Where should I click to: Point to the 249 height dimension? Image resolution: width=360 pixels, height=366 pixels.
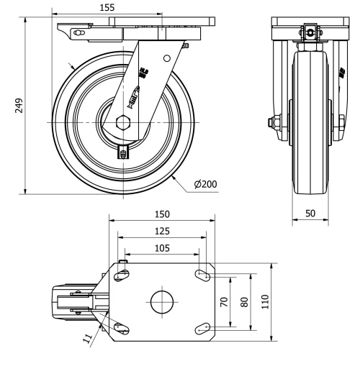tap(20, 106)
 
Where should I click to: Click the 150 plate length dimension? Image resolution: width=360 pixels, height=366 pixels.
tap(163, 215)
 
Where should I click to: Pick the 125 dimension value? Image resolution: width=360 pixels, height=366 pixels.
tap(162, 231)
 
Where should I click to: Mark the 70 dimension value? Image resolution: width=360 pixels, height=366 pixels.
tap(225, 301)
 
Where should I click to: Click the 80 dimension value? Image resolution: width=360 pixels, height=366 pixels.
tap(244, 301)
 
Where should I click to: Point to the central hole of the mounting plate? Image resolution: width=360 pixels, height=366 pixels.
tap(163, 301)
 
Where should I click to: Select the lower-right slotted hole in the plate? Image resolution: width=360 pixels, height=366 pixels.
tap(203, 328)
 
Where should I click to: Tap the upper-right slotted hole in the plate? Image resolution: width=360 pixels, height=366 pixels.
tap(203, 274)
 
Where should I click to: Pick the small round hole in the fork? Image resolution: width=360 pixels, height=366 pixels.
tap(166, 58)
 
